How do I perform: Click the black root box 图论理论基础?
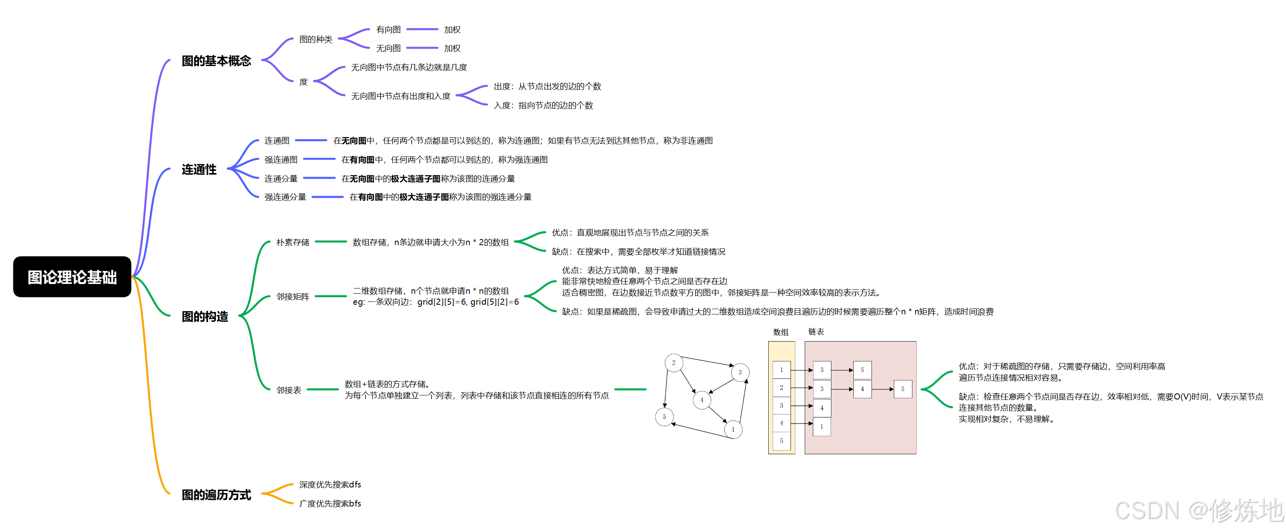[72, 277]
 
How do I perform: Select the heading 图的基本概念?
[216, 61]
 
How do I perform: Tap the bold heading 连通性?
[199, 170]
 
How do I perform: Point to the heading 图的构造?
[205, 316]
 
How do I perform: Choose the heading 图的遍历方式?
[216, 495]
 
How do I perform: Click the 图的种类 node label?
[315, 39]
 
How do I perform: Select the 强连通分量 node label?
[285, 197]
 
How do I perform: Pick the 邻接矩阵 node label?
[293, 297]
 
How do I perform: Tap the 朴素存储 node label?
[293, 242]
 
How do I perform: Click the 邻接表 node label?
[289, 390]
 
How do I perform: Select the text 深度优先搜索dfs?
[330, 485]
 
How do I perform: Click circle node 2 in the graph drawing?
[674, 363]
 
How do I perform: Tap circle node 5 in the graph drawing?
[664, 417]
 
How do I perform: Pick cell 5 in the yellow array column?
[781, 440]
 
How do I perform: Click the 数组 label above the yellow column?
[780, 332]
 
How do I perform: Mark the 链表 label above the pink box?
[816, 332]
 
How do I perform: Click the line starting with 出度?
[547, 86]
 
